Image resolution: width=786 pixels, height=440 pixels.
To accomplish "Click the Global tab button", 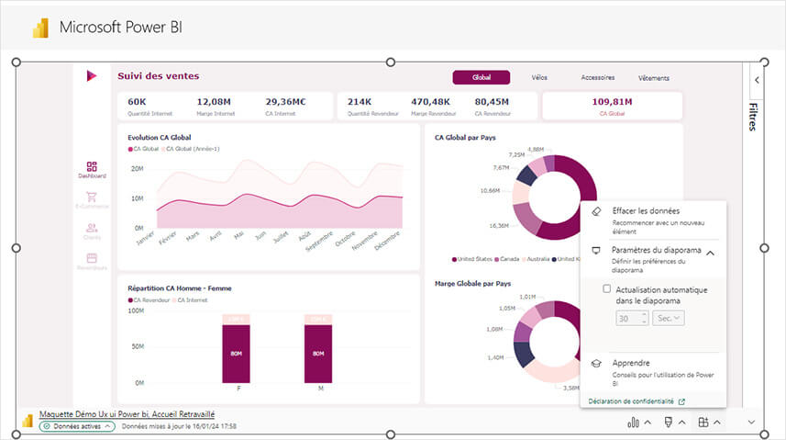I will click(481, 78).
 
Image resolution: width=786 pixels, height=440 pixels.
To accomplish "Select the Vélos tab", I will click(539, 78).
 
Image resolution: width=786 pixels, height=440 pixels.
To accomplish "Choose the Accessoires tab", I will click(597, 78).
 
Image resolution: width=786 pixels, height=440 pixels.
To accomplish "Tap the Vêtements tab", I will click(654, 78).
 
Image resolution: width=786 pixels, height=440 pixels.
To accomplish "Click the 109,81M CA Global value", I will click(612, 102).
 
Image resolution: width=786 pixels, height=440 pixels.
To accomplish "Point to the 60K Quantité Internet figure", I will click(138, 102).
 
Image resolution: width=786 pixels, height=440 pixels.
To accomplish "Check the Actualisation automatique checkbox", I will click(607, 289).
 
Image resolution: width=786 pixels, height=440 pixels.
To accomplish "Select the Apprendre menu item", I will click(632, 363).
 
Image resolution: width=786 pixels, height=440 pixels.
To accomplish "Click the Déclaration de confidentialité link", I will click(631, 401).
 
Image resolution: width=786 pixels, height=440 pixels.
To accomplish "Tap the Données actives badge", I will click(77, 426).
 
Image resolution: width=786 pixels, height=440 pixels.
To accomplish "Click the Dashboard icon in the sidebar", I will click(92, 168).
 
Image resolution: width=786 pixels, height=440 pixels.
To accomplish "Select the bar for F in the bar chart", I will click(236, 354).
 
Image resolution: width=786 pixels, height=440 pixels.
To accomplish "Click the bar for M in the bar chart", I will click(318, 354).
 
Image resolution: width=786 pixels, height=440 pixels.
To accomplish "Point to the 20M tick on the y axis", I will click(137, 169).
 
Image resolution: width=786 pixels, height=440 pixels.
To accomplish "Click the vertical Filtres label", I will click(753, 117).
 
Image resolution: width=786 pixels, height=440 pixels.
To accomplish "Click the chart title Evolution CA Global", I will click(160, 137).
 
